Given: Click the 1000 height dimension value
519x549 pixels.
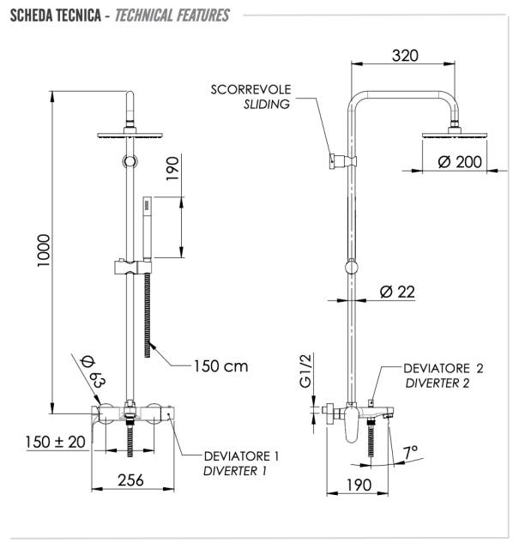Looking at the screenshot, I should (45, 250).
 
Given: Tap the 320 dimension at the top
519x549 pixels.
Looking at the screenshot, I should (405, 56).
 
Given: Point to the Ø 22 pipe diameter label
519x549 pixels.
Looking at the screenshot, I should (396, 292).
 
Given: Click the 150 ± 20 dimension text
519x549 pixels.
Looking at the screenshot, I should (56, 442).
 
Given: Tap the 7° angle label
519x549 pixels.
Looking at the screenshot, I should (411, 451).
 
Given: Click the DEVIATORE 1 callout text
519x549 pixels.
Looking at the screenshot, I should (242, 455).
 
